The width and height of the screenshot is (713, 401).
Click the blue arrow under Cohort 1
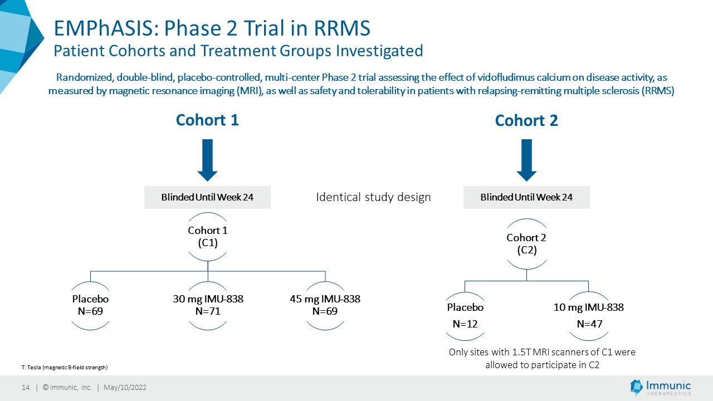(208, 160)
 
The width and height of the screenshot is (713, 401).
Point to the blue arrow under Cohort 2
(526, 160)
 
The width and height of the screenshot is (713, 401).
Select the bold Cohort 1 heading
(207, 120)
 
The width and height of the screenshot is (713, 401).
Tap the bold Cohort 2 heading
(526, 121)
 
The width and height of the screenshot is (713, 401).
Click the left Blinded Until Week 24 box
(207, 197)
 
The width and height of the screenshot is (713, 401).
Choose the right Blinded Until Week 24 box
(526, 197)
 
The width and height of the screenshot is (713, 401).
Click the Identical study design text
(373, 197)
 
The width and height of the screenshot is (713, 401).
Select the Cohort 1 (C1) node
(208, 237)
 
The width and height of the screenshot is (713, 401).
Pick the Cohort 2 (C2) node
(526, 244)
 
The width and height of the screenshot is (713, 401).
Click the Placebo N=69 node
(90, 305)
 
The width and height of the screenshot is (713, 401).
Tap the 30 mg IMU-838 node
(208, 305)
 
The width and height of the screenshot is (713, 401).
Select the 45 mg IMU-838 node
(325, 305)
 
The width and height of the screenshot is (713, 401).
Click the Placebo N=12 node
(465, 315)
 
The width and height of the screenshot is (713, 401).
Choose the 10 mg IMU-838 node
(589, 315)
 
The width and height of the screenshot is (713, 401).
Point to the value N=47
(589, 324)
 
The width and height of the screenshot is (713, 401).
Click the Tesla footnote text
(65, 367)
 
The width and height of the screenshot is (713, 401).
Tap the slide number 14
(26, 387)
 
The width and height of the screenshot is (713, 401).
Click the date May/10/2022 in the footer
(125, 387)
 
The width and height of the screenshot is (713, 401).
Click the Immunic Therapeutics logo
(661, 387)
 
